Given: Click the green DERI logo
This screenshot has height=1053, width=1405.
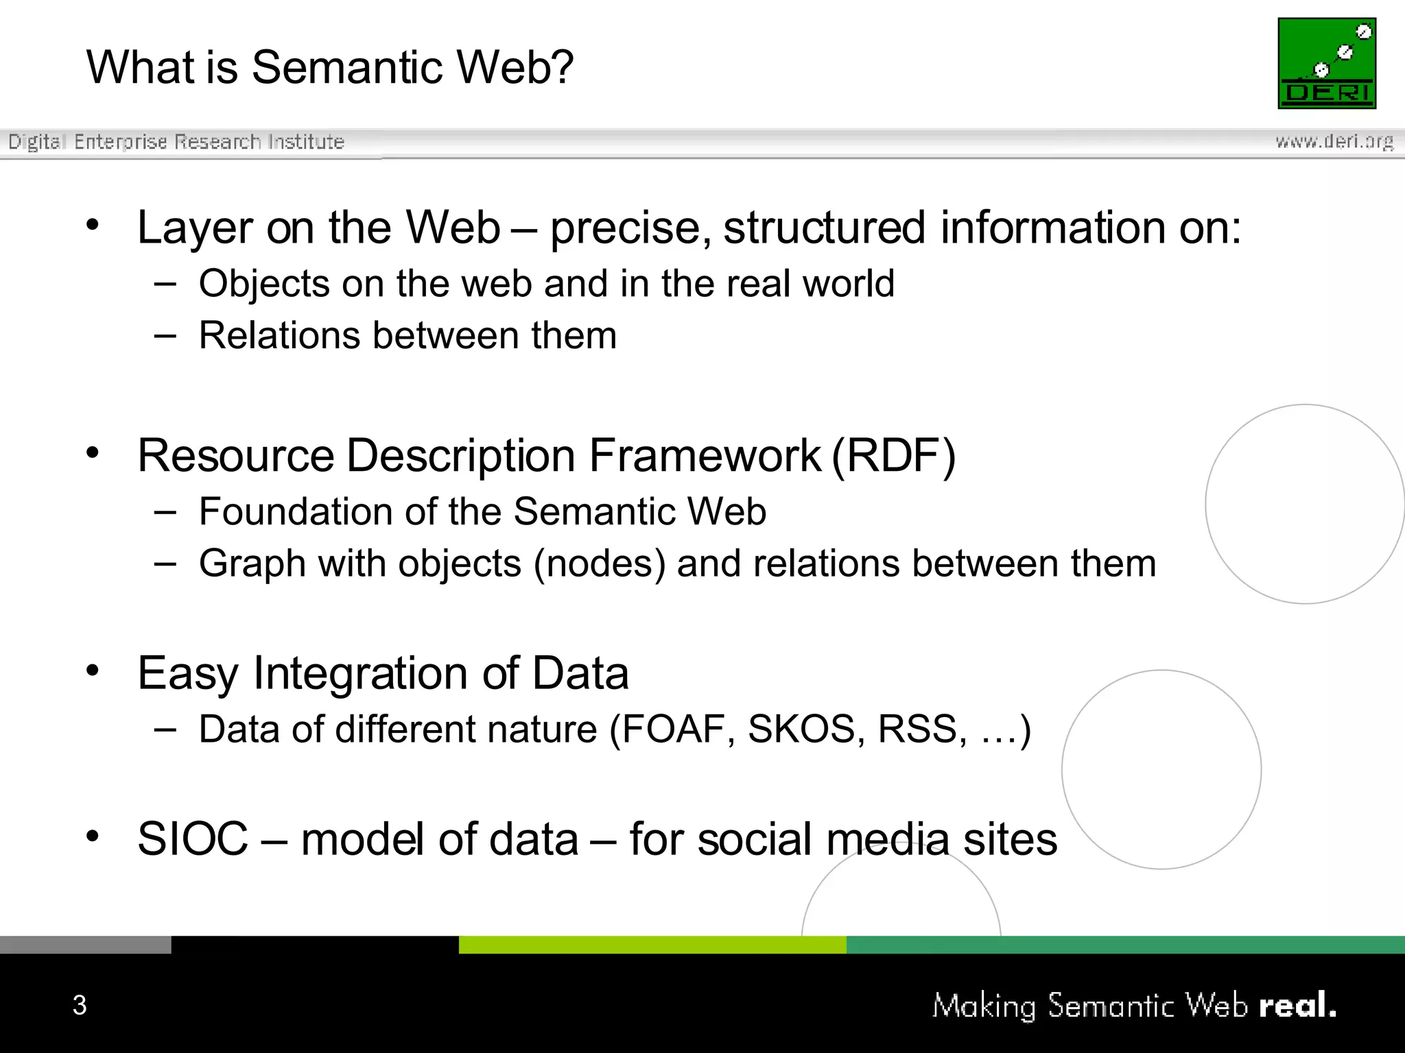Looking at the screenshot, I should click(x=1327, y=63).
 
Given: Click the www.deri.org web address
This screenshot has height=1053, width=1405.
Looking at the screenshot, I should click(x=1334, y=141).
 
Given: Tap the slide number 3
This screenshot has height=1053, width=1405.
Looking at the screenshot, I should click(x=80, y=1005).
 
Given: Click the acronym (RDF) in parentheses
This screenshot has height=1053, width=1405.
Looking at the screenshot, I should click(x=893, y=455).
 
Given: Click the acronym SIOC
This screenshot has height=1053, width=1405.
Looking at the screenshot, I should click(x=193, y=838).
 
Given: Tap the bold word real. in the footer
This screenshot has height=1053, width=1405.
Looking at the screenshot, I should click(x=1297, y=1005).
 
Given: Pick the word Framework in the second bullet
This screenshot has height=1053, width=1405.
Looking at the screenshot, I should click(x=705, y=455).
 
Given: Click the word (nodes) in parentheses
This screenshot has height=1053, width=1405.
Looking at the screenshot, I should click(x=600, y=564).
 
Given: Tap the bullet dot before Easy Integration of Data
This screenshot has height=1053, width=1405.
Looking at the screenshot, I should click(x=93, y=670).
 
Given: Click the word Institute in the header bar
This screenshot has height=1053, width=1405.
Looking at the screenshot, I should click(x=306, y=142).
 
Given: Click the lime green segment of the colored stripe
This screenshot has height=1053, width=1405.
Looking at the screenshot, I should click(x=652, y=945).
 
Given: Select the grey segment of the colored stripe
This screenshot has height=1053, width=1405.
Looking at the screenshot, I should click(x=85, y=945).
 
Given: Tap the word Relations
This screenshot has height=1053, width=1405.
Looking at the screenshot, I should click(x=279, y=336).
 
